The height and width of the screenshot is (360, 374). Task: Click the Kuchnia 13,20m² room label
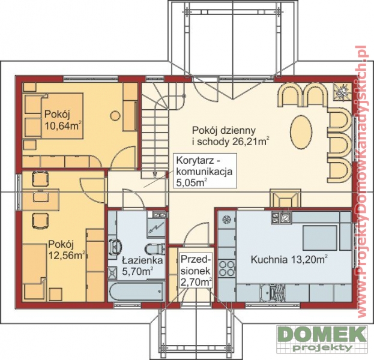(289, 259)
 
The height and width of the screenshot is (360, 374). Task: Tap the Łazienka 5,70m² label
(142, 266)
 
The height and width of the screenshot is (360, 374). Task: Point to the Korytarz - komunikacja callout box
(205, 171)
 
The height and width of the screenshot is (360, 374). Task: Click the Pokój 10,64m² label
(63, 120)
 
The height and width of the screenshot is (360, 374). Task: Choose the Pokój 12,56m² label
(67, 250)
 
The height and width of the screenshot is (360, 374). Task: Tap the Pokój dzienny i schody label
(231, 136)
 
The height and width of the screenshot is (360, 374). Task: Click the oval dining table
(301, 132)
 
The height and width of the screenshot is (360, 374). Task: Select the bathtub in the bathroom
(136, 292)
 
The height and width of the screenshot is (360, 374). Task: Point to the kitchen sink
(273, 293)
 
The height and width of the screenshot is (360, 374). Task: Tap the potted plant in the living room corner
(343, 92)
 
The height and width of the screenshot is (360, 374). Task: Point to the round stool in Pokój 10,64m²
(115, 116)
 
